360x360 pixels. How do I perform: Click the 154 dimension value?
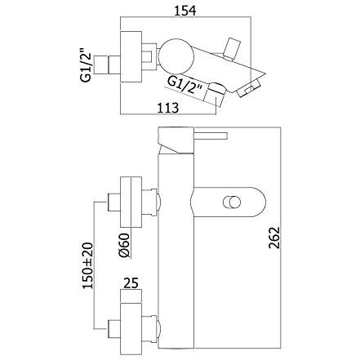pos(184,11)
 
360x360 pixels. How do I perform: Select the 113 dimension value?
pos(168,108)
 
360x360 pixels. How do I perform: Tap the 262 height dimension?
pos(274,238)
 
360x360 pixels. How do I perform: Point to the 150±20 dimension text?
pos(88,265)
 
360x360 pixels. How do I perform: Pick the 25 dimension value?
pos(131,283)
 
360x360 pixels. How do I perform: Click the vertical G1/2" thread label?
pos(85,64)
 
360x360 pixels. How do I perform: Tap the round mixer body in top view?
pos(176,56)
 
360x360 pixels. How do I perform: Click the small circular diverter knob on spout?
pos(232,202)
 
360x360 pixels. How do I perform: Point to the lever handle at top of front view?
pos(210,136)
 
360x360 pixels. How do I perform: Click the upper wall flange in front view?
pos(131,202)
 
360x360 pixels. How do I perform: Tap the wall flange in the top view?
pos(131,56)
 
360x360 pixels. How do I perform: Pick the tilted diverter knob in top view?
pos(232,48)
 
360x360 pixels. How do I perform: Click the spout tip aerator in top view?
pos(250,87)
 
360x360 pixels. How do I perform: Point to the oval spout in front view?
pos(228,202)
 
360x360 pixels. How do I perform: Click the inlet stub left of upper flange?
pos(114,202)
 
